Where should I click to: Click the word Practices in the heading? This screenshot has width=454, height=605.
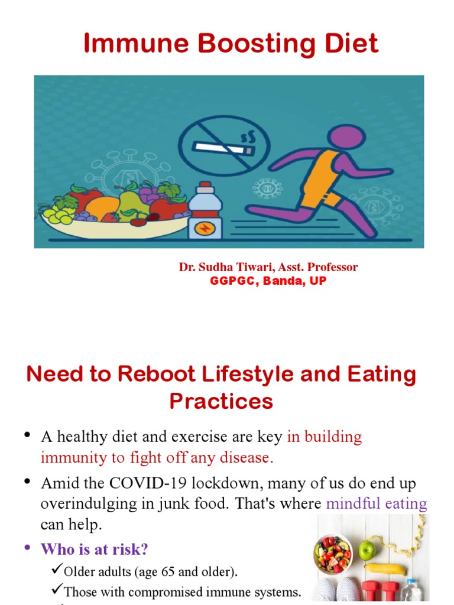[x=221, y=401]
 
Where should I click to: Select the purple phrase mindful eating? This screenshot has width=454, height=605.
[x=377, y=504]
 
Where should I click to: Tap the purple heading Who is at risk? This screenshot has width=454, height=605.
[x=94, y=549]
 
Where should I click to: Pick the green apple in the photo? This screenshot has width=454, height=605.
[x=368, y=550]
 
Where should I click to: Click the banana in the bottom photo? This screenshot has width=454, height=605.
[x=385, y=568]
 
